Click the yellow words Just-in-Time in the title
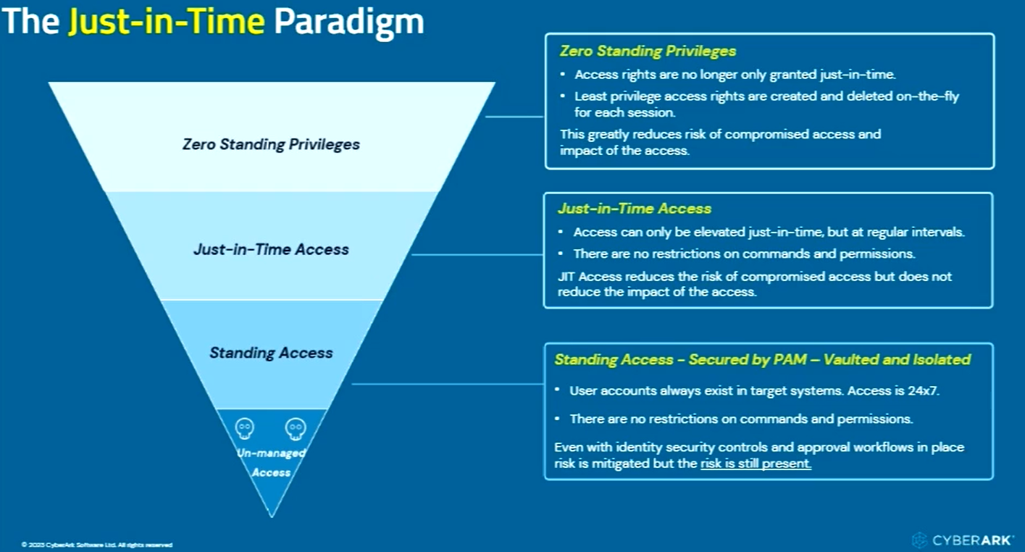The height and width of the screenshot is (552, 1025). point(166,21)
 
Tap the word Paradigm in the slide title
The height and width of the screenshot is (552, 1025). point(348,21)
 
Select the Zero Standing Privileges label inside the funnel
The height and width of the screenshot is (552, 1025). point(271,144)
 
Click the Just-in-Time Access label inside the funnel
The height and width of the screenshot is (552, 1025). point(271,249)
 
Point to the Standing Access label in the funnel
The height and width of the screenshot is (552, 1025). point(271,353)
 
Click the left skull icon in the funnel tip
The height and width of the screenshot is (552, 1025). point(245,429)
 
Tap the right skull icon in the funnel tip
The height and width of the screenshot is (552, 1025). point(296,429)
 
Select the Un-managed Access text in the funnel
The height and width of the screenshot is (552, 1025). point(271,463)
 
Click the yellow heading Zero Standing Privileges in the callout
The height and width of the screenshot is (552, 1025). point(648,51)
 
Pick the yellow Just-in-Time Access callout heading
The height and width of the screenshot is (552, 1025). point(634,209)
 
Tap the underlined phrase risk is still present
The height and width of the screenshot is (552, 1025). point(756,464)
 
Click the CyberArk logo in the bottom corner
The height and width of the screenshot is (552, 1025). point(963,540)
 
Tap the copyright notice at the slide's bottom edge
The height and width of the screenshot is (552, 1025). point(97,545)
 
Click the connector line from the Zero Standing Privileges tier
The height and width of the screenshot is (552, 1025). point(514,116)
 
